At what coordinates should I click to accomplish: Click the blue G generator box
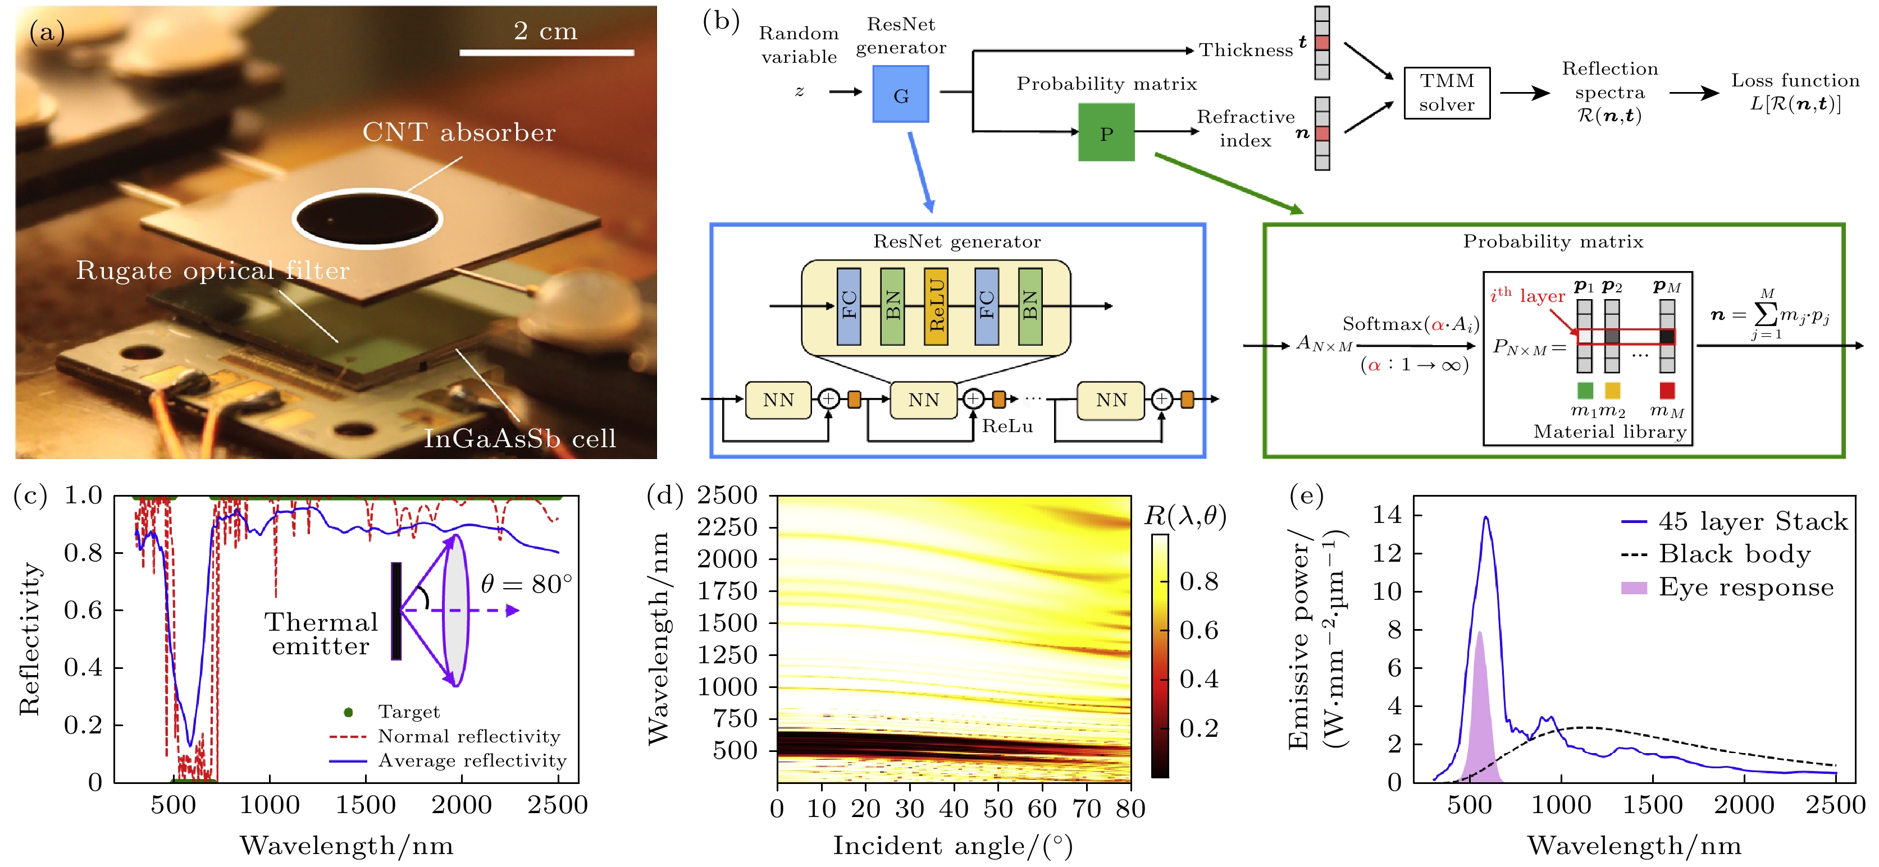[900, 94]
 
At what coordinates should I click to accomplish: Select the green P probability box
[1106, 132]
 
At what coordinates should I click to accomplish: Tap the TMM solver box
[1447, 93]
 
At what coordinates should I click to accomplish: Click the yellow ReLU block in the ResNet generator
[936, 306]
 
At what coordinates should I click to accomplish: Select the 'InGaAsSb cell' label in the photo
[519, 438]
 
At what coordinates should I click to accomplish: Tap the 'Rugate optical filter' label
[212, 270]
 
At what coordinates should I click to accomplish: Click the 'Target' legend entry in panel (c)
[408, 712]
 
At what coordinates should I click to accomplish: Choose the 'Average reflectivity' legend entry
[471, 760]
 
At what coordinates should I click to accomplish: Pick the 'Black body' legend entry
[1734, 554]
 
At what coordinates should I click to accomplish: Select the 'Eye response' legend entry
[1745, 587]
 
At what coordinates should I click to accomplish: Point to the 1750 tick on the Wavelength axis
[727, 591]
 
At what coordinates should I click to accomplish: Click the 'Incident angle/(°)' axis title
[952, 846]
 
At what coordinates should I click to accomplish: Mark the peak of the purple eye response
[1479, 632]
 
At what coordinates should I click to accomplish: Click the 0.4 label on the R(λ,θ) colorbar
[1198, 679]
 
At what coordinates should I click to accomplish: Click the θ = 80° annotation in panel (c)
[526, 584]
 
